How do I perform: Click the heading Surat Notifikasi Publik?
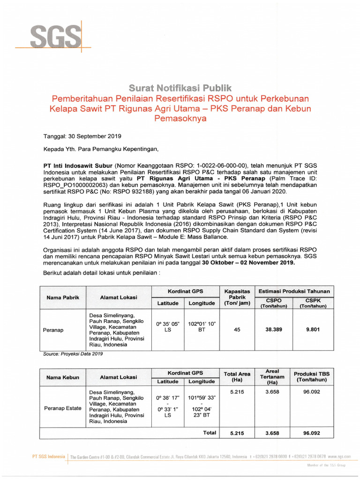(x=180, y=88)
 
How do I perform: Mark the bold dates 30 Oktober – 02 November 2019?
(x=248, y=262)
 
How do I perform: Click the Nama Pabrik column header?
(x=63, y=298)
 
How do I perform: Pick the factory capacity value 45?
(x=237, y=330)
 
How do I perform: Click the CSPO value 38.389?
(x=273, y=330)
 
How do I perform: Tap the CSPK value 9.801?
(x=313, y=330)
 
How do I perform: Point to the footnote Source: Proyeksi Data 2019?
(x=73, y=354)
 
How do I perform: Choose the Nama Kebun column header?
(x=63, y=377)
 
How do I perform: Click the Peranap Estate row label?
(x=63, y=408)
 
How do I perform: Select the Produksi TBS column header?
(x=311, y=376)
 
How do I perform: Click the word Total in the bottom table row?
(x=210, y=433)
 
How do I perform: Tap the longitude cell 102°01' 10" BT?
(x=202, y=326)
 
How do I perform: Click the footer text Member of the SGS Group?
(x=326, y=465)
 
